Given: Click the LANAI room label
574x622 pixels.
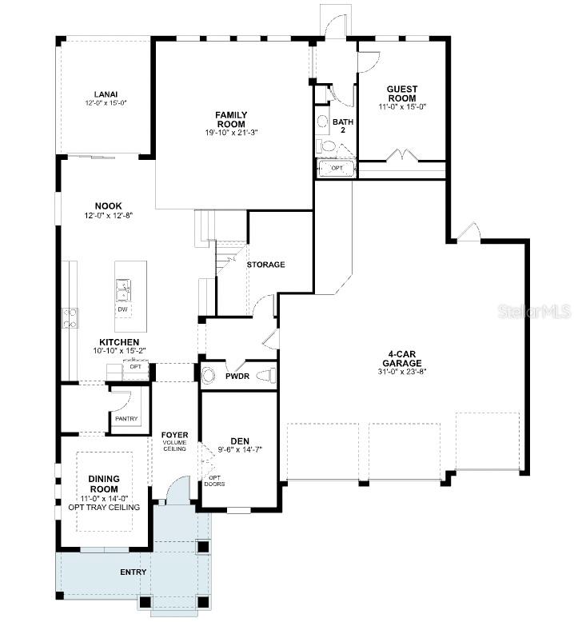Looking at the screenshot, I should coord(106,94).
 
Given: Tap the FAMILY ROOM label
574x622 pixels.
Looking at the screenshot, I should coord(231,119).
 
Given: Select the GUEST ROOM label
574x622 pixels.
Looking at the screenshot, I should coord(402,94).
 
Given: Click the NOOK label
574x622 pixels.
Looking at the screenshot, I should coord(109,205).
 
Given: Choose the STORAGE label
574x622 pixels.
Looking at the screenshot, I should coord(265,265).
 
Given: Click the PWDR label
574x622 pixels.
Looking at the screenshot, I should coord(237,375).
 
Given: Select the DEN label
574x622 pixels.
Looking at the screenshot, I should coord(240,440).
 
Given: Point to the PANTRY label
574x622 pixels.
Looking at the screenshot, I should coord(126,419).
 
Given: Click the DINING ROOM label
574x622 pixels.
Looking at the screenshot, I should coord(104,484).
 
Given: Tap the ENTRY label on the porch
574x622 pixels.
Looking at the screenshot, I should coord(134,572).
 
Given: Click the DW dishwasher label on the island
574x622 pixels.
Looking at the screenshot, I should coord(123,309).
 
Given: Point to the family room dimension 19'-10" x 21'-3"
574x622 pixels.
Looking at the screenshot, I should coord(231,132).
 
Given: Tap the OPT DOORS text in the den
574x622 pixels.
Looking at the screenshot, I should coord(214,481).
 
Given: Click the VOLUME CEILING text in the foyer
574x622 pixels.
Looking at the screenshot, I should coord(174,445).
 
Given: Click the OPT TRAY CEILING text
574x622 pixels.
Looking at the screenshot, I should coord(104,507).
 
